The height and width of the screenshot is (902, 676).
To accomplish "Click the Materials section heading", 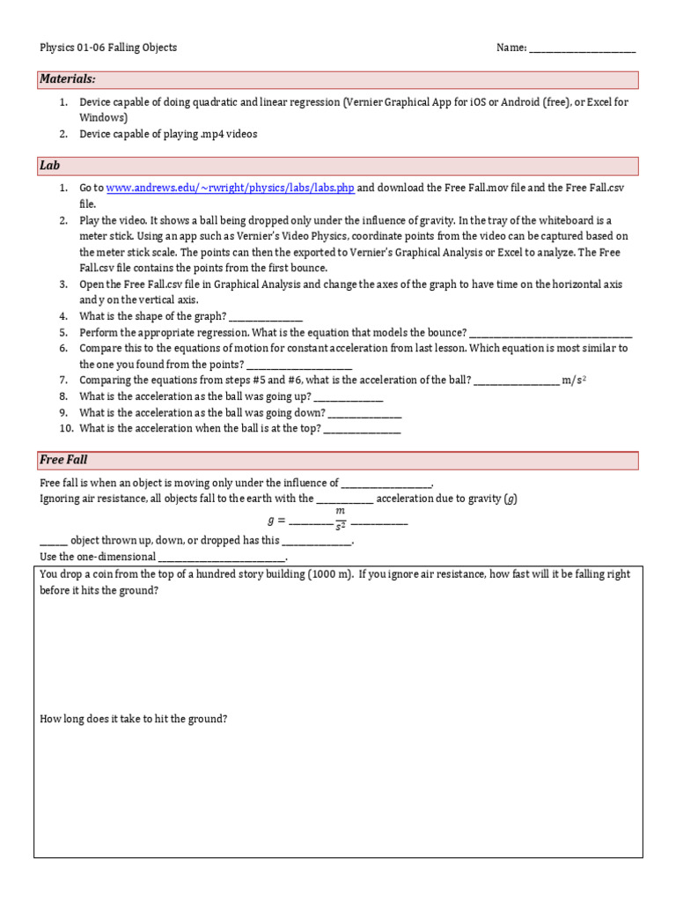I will coord(67,80).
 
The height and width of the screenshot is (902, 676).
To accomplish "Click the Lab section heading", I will coord(49,166).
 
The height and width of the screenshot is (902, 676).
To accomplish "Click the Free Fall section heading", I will coord(63,460).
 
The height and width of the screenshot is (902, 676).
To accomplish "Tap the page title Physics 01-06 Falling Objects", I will coord(108,48).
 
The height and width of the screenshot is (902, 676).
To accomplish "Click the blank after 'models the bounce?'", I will coord(550,333).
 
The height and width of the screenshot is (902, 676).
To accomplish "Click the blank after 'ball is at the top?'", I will coord(363,429).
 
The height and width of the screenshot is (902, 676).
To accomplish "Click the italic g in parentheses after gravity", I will coord(511,499).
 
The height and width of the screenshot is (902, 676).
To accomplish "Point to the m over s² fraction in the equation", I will coord(340,520).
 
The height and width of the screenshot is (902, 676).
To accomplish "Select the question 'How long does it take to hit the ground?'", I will coord(134,719).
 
